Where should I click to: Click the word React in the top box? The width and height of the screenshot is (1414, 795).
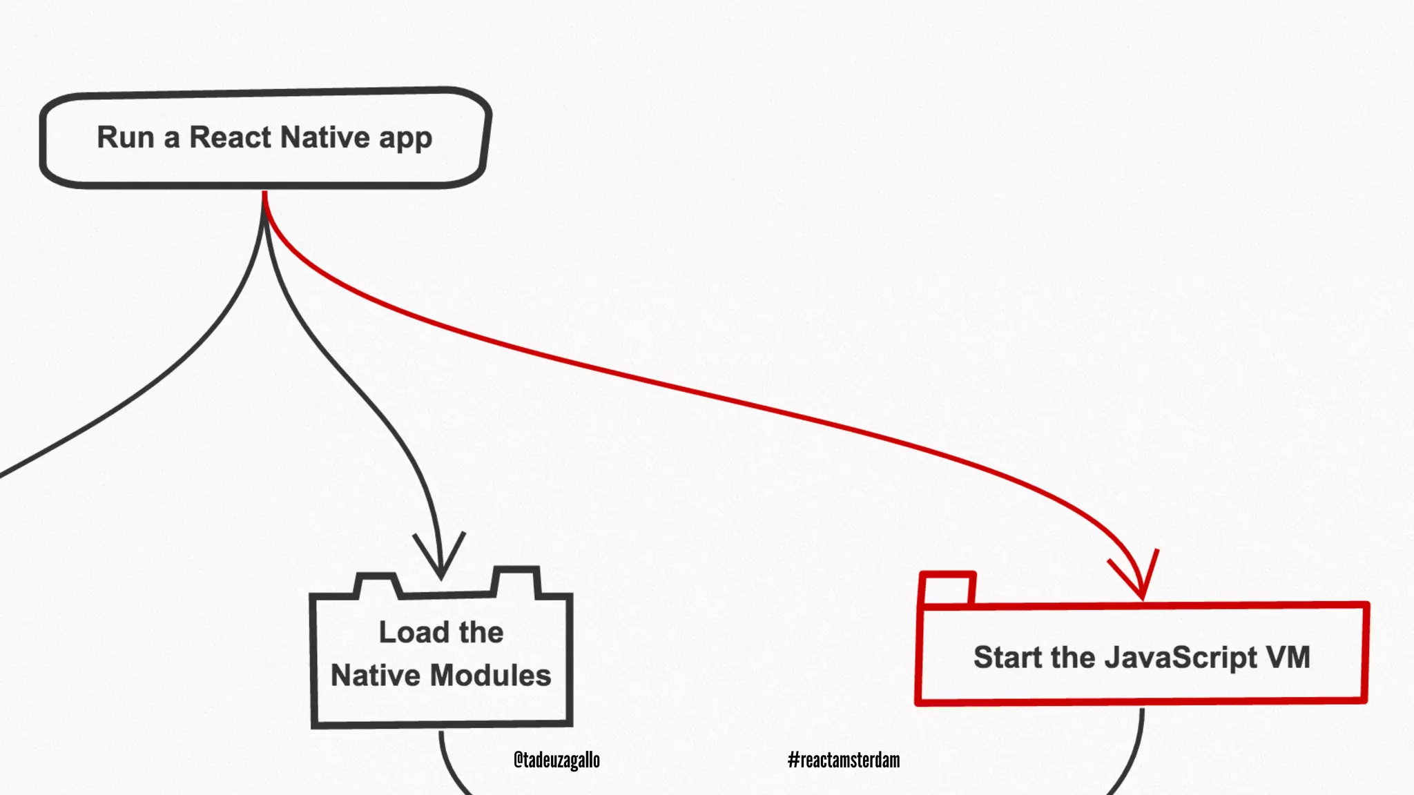pos(231,137)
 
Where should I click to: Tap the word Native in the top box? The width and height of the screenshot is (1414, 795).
pos(325,137)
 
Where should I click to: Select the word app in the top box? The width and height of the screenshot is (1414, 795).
pos(405,139)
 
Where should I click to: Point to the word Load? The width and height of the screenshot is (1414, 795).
pos(413,632)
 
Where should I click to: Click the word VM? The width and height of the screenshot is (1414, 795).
pos(1288,657)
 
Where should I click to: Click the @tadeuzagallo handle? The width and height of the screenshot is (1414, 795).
pos(556,760)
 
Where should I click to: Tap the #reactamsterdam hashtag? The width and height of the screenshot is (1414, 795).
pos(844,760)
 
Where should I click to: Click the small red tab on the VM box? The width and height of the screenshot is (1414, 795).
pos(947,589)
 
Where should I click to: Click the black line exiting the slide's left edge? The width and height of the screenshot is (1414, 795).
pos(104,421)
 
